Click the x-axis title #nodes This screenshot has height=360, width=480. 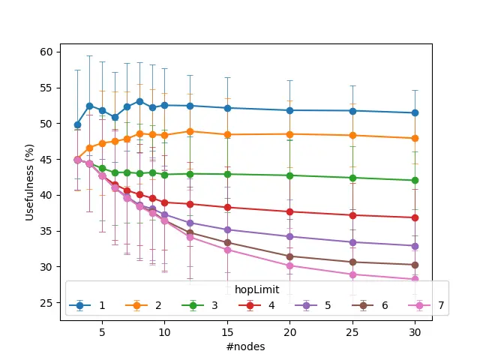click(246, 346)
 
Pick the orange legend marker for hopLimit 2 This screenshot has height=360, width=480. click(136, 305)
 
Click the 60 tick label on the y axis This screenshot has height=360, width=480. click(46, 52)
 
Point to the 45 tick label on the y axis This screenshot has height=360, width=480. click(46, 160)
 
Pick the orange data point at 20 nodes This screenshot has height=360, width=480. click(289, 134)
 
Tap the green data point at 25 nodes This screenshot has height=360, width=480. click(352, 178)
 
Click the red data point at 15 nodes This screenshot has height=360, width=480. click(227, 207)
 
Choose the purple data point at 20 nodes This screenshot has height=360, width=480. click(289, 236)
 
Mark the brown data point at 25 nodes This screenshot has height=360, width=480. click(352, 262)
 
